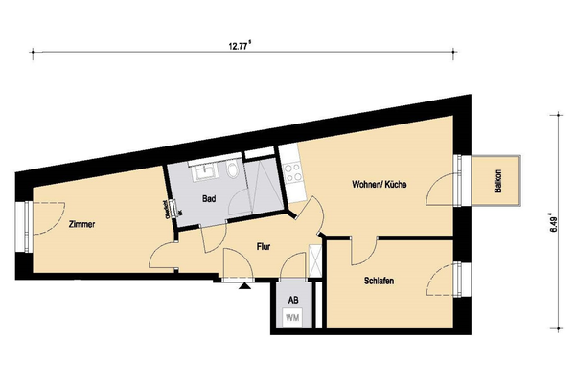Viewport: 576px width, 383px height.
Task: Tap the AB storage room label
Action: [292, 299]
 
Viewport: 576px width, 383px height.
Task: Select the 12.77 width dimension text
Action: [240, 44]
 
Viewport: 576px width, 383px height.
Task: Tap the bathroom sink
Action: [204, 171]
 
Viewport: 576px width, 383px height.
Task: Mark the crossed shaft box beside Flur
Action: [314, 261]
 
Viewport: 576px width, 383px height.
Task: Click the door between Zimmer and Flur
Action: [165, 256]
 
